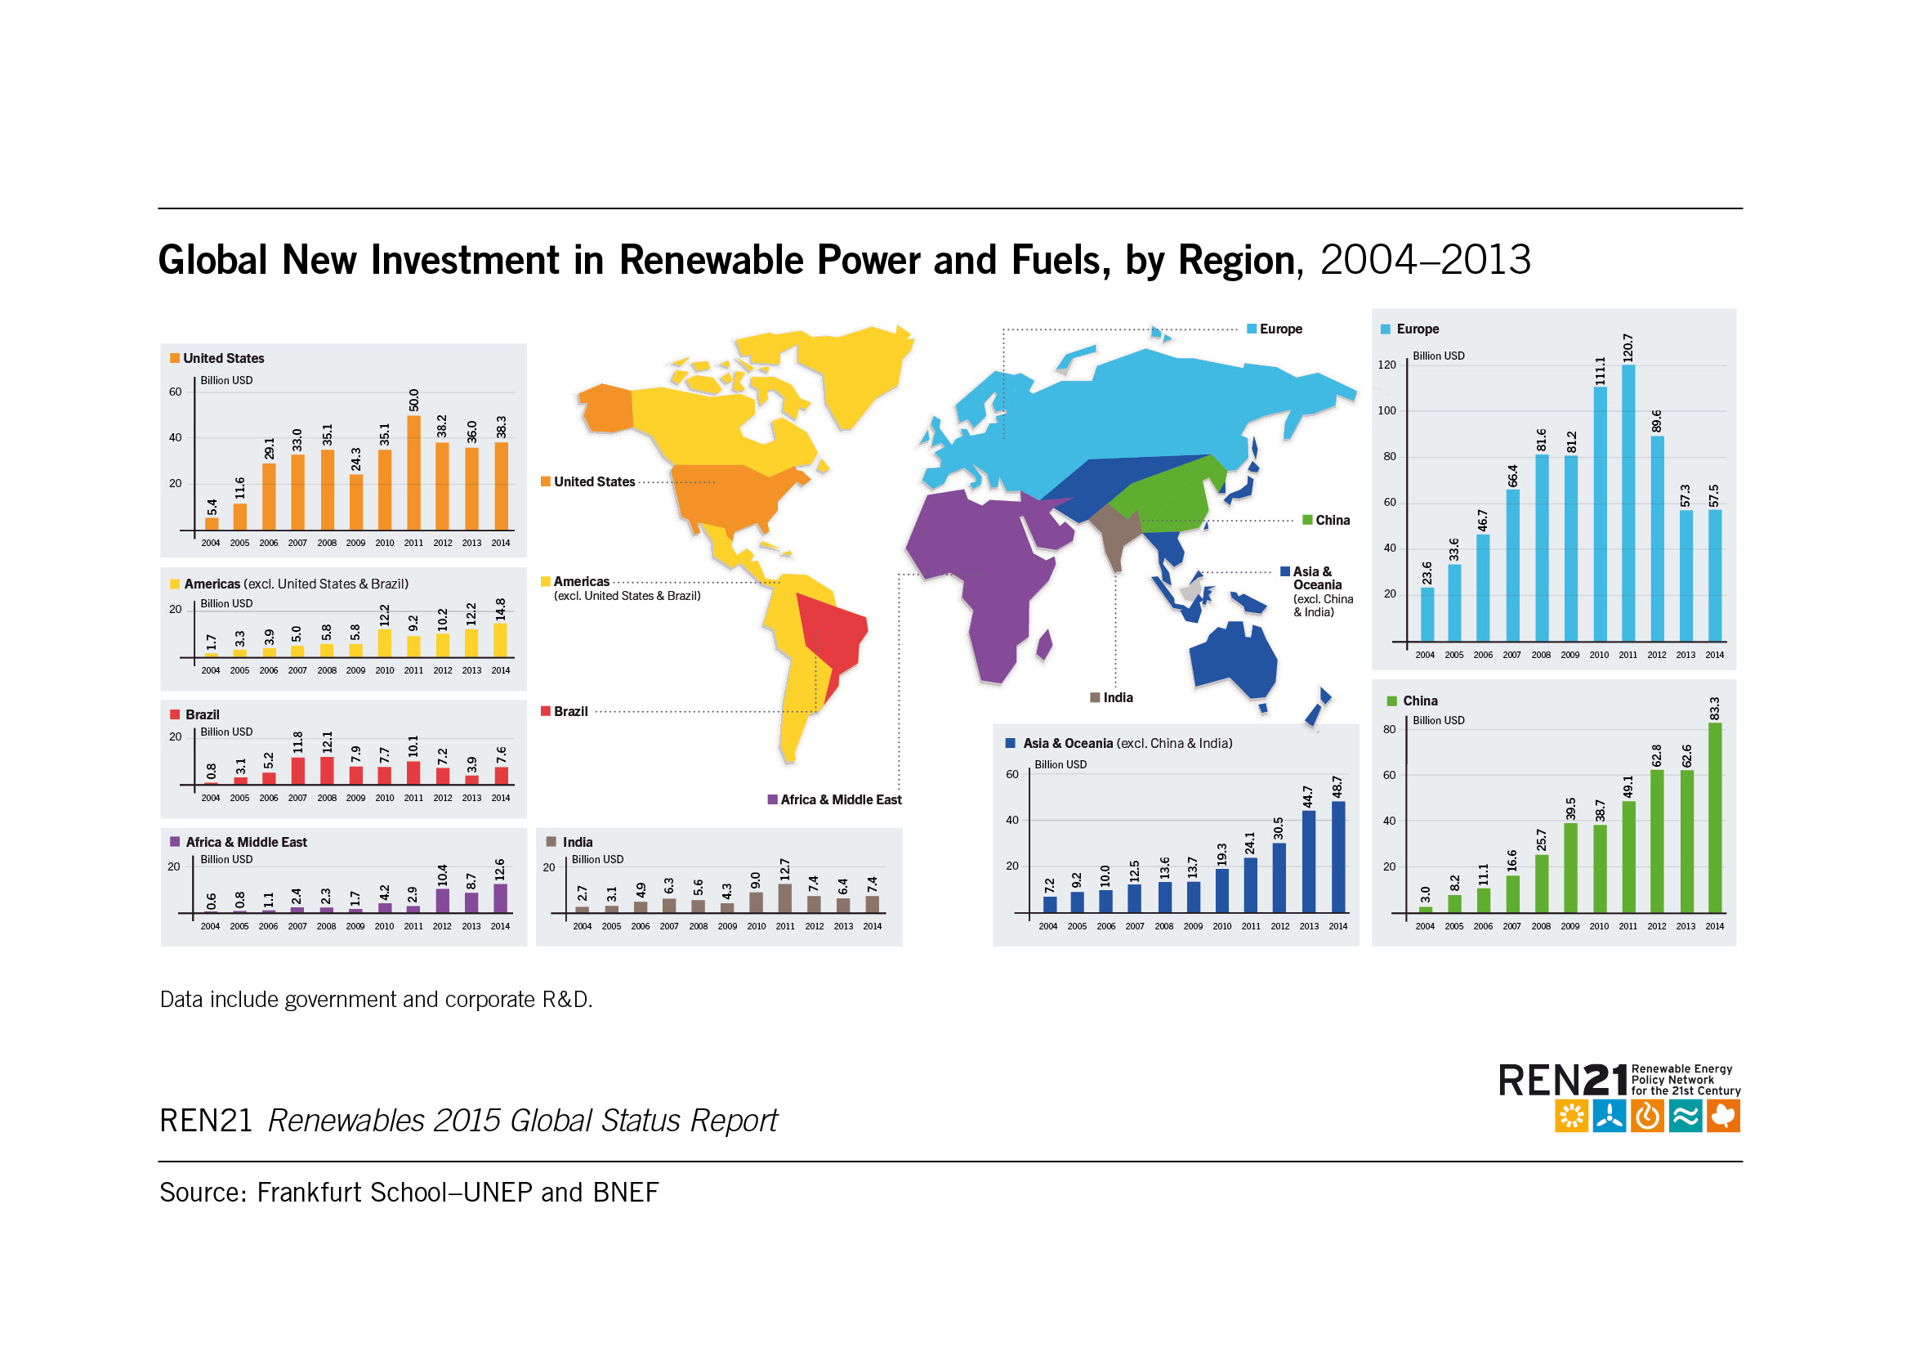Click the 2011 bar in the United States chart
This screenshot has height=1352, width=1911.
(x=413, y=472)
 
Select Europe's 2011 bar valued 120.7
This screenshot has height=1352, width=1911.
(x=1628, y=503)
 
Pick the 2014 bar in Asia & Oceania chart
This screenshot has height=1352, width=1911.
(x=1338, y=857)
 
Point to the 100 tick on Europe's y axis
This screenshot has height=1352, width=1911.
(x=1386, y=410)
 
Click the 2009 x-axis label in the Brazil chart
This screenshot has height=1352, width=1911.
(x=355, y=798)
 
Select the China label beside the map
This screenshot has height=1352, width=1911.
(x=1332, y=521)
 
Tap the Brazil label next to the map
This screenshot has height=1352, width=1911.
(x=570, y=711)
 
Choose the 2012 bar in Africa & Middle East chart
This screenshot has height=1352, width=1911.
(x=442, y=901)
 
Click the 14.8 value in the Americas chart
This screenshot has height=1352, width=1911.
(x=500, y=610)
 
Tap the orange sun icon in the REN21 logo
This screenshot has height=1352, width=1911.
(x=1570, y=1117)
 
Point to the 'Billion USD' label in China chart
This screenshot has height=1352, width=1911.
(x=1438, y=720)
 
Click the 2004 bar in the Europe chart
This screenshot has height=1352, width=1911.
(x=1427, y=615)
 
